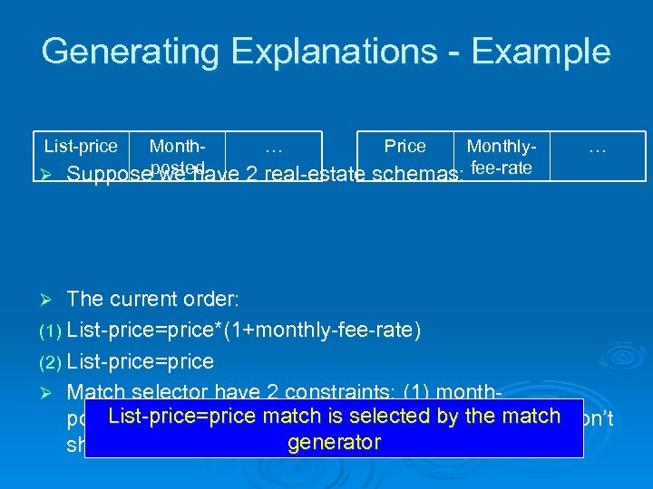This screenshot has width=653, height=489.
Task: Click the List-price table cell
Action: pyautogui.click(x=81, y=147)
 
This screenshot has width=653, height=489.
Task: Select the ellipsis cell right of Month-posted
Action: pyautogui.click(x=273, y=147)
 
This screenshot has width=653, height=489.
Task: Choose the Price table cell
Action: pyautogui.click(x=404, y=147)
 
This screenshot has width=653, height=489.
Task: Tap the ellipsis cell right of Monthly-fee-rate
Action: pyautogui.click(x=596, y=147)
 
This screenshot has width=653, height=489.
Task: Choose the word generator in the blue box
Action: pyautogui.click(x=333, y=443)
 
